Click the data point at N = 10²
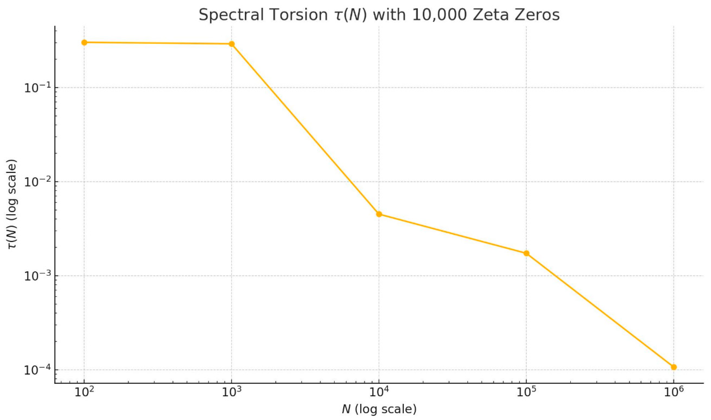pyautogui.click(x=84, y=42)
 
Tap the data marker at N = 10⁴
pyautogui.click(x=379, y=214)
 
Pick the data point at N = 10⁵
pyautogui.click(x=526, y=253)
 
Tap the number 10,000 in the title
pyautogui.click(x=439, y=15)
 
